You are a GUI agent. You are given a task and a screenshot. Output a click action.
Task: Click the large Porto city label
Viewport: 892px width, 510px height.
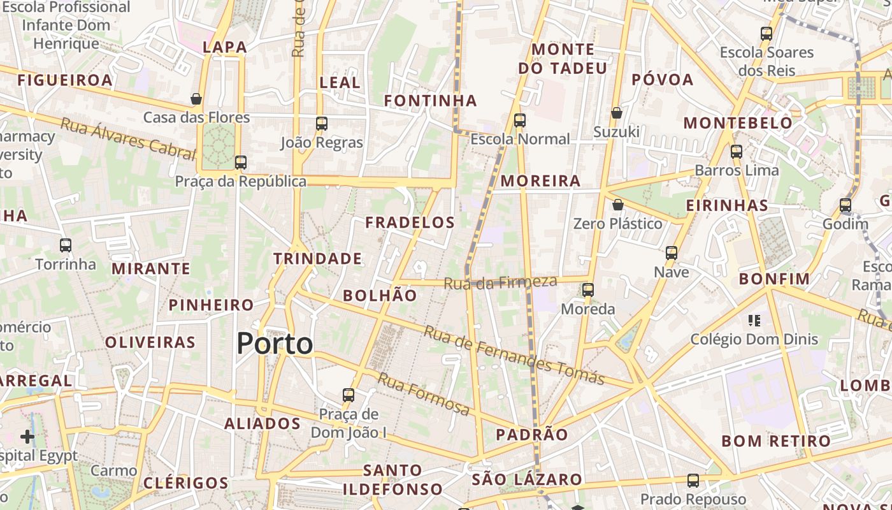275,344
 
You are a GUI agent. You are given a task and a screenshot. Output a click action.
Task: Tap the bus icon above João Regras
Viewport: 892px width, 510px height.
322,124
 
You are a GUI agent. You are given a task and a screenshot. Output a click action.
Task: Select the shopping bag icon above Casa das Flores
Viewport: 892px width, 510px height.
196,99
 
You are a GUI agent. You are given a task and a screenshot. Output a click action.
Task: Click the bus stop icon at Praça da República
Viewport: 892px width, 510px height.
240,163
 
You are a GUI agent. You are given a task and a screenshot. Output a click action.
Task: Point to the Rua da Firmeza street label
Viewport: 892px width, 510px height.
500,282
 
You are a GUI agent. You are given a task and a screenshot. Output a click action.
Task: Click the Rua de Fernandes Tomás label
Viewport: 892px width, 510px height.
514,355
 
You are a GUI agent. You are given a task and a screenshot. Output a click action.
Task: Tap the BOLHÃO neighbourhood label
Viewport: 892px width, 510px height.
380,296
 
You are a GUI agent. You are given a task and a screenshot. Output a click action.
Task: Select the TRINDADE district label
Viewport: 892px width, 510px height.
317,259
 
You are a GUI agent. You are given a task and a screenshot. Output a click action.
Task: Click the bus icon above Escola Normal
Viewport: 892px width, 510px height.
520,120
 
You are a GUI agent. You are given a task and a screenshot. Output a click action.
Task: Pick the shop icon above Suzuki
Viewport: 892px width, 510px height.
616,113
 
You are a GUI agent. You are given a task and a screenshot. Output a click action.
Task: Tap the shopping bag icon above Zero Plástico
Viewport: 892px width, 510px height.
617,205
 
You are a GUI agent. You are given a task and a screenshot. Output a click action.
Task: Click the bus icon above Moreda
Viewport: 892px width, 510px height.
587,290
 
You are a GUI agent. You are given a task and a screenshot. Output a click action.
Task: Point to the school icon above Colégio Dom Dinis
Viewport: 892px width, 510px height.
754,320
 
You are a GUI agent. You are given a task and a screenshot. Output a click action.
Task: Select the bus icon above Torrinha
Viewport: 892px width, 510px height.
65,245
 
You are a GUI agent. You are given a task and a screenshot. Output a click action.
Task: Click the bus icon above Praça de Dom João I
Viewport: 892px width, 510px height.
348,395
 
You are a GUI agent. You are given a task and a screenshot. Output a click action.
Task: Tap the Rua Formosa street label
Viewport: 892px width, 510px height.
424,393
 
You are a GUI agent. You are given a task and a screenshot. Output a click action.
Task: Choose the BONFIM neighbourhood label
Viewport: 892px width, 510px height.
774,279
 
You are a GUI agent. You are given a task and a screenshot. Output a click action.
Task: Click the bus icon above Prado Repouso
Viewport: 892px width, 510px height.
693,481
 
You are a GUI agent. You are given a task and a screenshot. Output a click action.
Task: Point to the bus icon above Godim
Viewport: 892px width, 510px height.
845,205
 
